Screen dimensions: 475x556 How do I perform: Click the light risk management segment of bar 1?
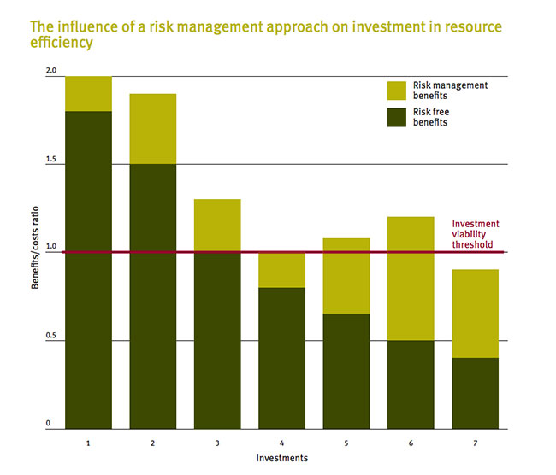[89, 94]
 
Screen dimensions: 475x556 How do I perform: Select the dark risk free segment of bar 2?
[153, 296]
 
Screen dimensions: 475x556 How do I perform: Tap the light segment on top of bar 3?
[217, 226]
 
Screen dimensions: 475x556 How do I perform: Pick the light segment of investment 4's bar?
[282, 270]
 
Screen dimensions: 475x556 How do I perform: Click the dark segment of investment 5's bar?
[346, 371]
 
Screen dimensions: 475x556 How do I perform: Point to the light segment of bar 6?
[411, 279]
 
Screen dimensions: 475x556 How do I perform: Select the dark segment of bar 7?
[476, 393]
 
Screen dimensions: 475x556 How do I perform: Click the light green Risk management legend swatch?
[399, 91]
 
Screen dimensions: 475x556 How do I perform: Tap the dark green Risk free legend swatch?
[399, 116]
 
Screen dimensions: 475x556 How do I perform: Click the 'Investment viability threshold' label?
[476, 233]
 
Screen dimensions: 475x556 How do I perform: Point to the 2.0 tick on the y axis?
[50, 71]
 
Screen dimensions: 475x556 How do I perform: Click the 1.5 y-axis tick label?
[50, 160]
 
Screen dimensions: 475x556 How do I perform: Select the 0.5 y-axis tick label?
[50, 336]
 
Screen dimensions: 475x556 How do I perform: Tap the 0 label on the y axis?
[50, 424]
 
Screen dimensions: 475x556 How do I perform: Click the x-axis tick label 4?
[282, 444]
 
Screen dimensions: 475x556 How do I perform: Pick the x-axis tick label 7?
[476, 444]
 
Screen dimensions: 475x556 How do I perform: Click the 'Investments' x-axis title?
[281, 458]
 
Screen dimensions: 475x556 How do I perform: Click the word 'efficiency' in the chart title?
[61, 41]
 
